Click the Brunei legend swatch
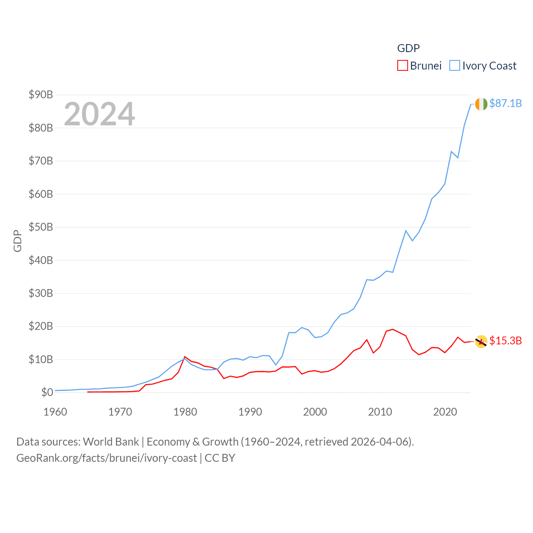click(x=402, y=66)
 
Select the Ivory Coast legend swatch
click(x=455, y=66)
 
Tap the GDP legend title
click(x=408, y=48)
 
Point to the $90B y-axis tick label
click(x=41, y=95)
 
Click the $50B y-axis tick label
click(x=41, y=227)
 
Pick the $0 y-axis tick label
click(x=47, y=392)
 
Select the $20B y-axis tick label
click(x=41, y=326)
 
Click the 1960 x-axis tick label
click(x=55, y=412)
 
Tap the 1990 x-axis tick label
click(x=250, y=412)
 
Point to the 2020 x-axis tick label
click(x=445, y=412)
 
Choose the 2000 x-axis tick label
click(x=315, y=412)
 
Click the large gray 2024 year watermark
click(x=100, y=114)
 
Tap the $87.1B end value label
click(x=506, y=103)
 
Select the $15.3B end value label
click(x=506, y=341)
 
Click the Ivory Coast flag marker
click(x=481, y=104)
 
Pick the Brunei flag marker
click(x=481, y=341)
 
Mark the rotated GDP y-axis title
click(x=17, y=241)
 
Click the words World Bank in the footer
click(x=111, y=442)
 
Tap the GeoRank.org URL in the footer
click(x=107, y=458)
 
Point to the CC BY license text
click(x=220, y=458)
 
